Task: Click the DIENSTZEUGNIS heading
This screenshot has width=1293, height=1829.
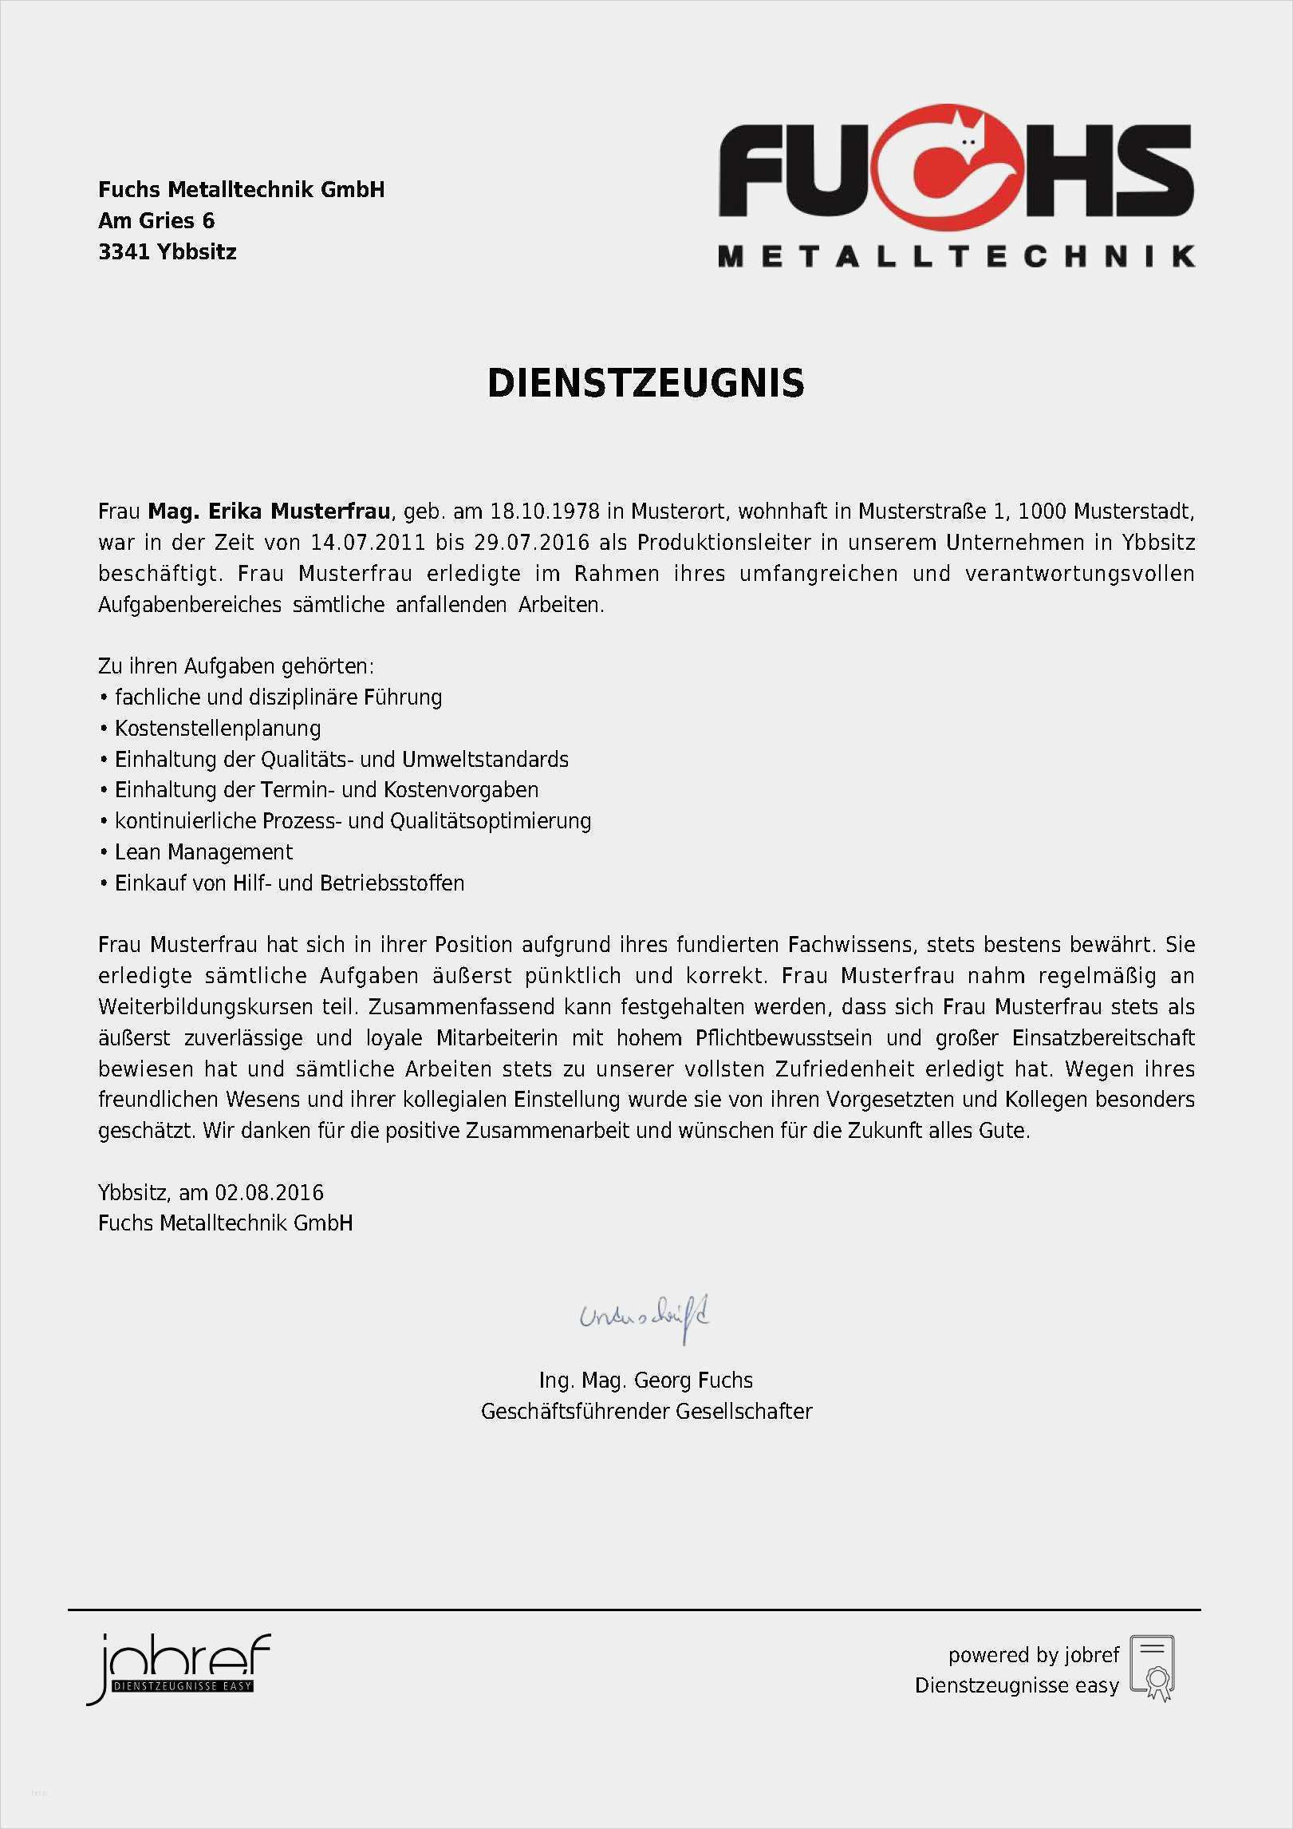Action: (x=645, y=384)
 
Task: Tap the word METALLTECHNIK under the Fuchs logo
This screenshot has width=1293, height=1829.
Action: (x=956, y=256)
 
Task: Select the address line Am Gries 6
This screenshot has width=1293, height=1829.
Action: (x=156, y=221)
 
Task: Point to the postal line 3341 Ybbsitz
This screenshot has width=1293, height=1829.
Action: (x=168, y=252)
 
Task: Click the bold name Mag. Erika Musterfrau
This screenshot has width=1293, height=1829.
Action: (x=270, y=512)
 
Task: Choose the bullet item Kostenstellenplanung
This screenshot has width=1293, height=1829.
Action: (x=218, y=729)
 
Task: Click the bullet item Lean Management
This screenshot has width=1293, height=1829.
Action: (x=203, y=852)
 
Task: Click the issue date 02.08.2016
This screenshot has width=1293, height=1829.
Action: (x=270, y=1193)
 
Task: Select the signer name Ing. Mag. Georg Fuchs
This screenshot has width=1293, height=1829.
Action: (x=645, y=1381)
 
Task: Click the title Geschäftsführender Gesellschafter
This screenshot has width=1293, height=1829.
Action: (x=646, y=1412)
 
